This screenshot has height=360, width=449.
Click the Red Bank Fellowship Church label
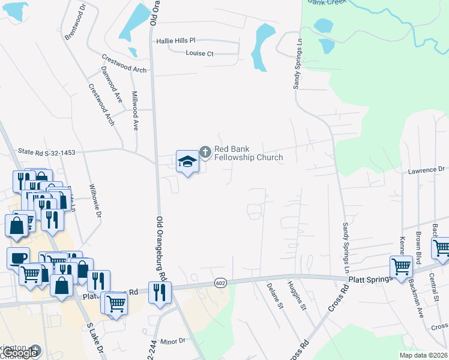[x=249, y=153]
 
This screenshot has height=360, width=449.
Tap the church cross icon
[x=205, y=152]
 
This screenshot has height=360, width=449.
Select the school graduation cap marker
[x=187, y=161]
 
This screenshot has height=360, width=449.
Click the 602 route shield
[x=220, y=283]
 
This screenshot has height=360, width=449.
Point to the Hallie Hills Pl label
[x=176, y=41]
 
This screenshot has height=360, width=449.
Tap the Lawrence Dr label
[x=426, y=170]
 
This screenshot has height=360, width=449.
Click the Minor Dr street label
[x=173, y=341]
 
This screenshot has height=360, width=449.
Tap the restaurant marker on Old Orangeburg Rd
[x=160, y=292]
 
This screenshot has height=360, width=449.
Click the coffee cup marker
[x=17, y=257]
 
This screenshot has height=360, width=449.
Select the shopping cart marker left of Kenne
[x=400, y=266]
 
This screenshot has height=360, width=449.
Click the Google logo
[x=21, y=353]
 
